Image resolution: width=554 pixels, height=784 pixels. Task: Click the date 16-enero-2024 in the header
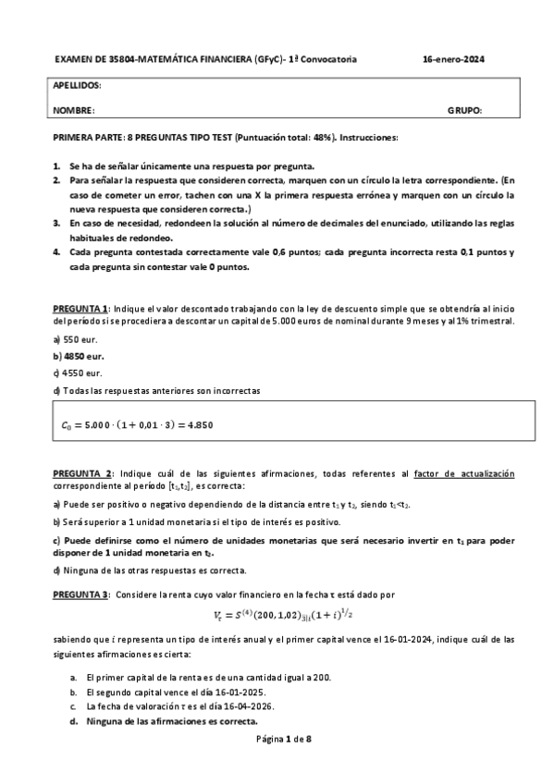(x=453, y=60)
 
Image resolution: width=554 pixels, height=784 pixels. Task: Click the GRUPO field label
(x=463, y=111)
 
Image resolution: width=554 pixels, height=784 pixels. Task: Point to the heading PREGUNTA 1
(x=80, y=308)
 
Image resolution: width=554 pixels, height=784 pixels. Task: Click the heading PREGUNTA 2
(x=81, y=473)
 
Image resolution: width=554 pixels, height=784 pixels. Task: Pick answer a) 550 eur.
(x=69, y=340)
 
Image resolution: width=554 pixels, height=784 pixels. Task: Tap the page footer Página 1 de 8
(x=277, y=740)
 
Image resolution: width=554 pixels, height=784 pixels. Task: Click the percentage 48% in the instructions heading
(x=317, y=137)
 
